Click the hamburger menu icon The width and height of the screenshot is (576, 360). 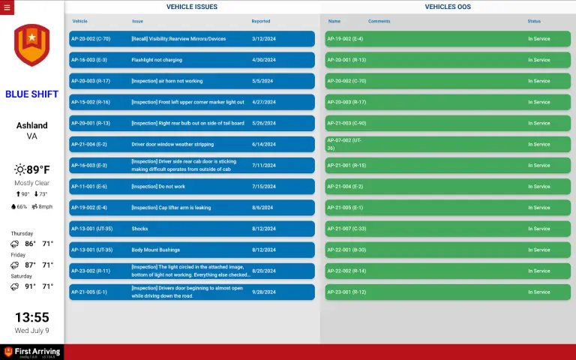tap(7, 7)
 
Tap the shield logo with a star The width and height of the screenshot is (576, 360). tap(31, 45)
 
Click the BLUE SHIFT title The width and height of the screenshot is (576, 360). tap(31, 94)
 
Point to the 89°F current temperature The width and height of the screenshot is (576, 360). tap(39, 169)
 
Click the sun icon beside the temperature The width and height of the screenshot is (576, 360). tap(20, 169)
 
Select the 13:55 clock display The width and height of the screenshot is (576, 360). tap(31, 317)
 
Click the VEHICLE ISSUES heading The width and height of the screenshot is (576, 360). tap(192, 7)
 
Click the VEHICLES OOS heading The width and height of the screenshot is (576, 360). tap(448, 7)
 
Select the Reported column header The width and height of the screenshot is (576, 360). tap(261, 21)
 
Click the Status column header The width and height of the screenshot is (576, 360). tap(534, 21)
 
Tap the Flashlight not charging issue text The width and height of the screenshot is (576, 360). tap(157, 60)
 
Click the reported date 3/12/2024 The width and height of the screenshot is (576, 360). tap(263, 39)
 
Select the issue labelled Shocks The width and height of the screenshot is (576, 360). tap(139, 229)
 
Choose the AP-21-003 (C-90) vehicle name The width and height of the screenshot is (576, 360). tap(346, 123)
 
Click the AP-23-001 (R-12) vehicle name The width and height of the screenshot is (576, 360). tap(346, 292)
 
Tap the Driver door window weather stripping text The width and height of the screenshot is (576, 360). tap(172, 144)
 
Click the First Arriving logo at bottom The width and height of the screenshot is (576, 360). tap(31, 352)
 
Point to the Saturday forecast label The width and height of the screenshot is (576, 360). tap(22, 276)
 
